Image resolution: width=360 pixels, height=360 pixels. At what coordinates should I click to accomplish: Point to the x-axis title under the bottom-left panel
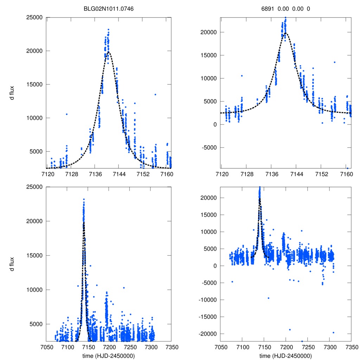[109, 356]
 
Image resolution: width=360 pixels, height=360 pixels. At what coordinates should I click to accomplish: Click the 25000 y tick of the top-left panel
[35, 17]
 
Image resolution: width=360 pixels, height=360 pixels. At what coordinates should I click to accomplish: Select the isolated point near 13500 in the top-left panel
[155, 94]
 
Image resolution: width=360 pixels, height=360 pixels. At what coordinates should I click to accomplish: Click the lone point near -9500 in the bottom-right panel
[268, 298]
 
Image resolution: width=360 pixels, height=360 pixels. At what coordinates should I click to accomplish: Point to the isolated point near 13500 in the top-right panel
[335, 62]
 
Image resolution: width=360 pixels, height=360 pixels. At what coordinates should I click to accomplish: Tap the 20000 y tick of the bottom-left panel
[35, 221]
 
